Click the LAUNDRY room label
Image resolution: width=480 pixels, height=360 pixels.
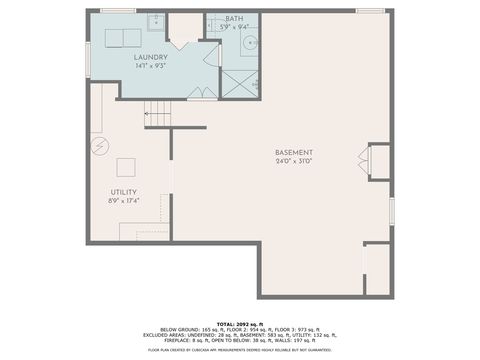point(151,57)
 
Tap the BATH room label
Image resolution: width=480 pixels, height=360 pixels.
point(234,18)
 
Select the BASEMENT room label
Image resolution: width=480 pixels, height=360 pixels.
point(295,152)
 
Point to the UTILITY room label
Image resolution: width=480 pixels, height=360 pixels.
point(124,192)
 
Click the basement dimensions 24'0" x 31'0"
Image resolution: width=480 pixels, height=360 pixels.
point(295,161)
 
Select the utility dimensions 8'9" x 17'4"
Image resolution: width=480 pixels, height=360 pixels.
point(124,201)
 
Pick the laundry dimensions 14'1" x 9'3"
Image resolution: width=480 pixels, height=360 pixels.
point(151,66)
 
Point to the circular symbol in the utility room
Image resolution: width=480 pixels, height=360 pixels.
point(99,147)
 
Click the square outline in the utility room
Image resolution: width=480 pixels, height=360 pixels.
point(126,166)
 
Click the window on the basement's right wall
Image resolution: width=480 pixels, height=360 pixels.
point(391,211)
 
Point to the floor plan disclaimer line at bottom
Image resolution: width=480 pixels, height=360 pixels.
point(239,350)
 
